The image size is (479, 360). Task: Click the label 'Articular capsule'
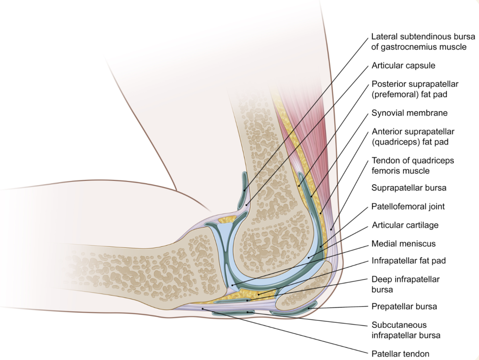[403, 65]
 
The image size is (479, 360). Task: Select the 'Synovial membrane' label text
[409, 113]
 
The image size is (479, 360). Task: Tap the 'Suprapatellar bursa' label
[409, 187]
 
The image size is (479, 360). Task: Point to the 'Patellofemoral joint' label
[408, 206]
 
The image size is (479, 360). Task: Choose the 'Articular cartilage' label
[405, 225]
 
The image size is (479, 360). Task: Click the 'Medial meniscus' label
[403, 244]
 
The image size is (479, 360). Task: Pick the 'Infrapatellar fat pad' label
[408, 261]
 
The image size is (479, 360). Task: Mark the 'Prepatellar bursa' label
[404, 307]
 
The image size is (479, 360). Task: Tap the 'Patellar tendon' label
[400, 354]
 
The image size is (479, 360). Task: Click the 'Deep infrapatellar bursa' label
[406, 284]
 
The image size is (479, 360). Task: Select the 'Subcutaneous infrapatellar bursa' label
[406, 330]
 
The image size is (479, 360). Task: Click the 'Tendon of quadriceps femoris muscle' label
[413, 166]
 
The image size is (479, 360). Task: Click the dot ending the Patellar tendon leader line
[202, 309]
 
